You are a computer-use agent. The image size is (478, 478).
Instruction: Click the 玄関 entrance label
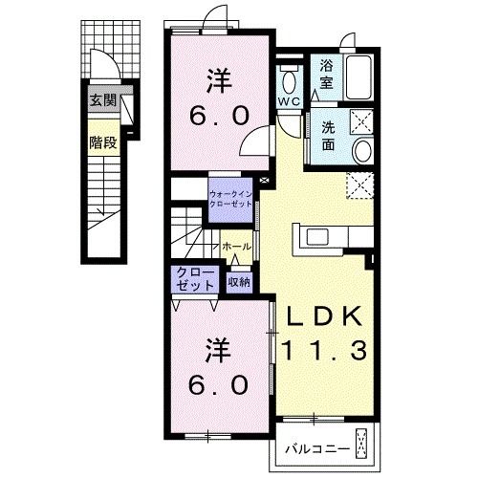[103, 100]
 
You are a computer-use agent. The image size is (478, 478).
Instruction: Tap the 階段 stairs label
[103, 142]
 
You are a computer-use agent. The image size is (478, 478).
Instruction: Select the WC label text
[290, 101]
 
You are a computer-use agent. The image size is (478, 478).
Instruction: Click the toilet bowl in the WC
[289, 80]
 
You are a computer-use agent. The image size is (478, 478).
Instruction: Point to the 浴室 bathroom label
[326, 75]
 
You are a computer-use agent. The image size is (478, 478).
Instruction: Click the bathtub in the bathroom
[358, 77]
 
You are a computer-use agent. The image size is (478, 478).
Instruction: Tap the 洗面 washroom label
[328, 136]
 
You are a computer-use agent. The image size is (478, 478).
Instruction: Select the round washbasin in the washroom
[363, 151]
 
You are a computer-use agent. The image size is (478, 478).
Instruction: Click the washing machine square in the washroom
[361, 122]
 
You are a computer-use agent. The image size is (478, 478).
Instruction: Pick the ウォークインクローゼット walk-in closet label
[230, 199]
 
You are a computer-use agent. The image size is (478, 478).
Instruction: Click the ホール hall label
[237, 247]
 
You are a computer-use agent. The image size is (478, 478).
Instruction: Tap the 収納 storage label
[239, 282]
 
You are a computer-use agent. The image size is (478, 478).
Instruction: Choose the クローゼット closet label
[195, 278]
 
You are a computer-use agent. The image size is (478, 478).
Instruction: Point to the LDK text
[325, 316]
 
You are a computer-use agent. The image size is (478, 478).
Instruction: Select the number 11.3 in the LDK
[324, 350]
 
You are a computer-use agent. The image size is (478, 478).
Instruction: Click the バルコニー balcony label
[317, 449]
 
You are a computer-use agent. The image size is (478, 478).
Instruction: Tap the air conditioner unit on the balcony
[361, 443]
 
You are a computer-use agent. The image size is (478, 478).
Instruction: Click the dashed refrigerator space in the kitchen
[359, 185]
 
